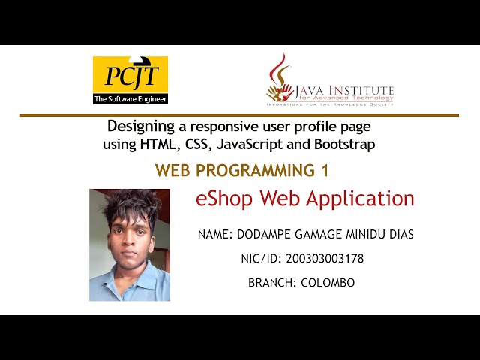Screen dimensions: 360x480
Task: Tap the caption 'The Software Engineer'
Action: point(130,98)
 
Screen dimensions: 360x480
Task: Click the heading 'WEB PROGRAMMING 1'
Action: point(242,171)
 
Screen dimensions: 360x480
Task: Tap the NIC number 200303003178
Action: point(325,259)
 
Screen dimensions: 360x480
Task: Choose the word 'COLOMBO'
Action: point(328,283)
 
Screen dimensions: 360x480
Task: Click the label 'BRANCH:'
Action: point(273,283)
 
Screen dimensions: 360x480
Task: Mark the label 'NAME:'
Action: point(216,235)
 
